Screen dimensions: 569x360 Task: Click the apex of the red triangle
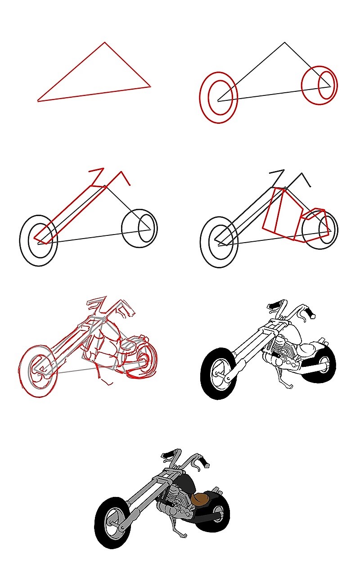click(105, 43)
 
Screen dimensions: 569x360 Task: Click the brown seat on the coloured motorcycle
click(200, 498)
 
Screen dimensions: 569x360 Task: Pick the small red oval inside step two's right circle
click(326, 84)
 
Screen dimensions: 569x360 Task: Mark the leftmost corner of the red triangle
click(38, 101)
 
